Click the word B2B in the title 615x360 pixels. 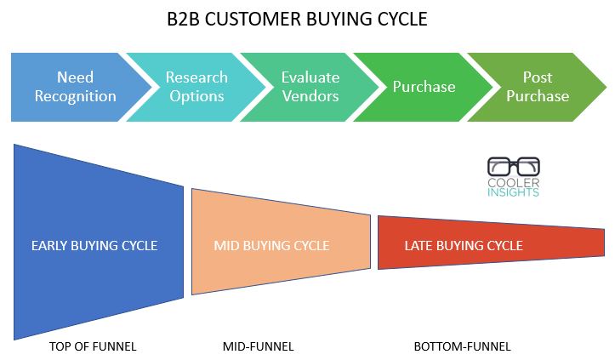point(184,19)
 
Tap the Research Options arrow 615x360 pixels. point(196,87)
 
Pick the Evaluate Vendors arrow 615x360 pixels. point(310,87)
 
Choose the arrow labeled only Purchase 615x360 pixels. point(424,87)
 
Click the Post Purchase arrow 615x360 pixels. point(538,87)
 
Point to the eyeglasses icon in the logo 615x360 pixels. point(514,167)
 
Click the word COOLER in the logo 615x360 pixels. point(514,183)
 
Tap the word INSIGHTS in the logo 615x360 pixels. point(513,192)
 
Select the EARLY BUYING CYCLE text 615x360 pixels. point(94,246)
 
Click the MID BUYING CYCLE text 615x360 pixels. point(271,246)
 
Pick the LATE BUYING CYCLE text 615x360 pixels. point(464,246)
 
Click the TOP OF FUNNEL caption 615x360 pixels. point(93,346)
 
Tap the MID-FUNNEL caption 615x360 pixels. point(258,346)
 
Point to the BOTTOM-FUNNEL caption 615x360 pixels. point(463,346)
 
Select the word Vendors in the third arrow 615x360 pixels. point(310,96)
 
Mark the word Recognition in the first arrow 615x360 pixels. point(76,96)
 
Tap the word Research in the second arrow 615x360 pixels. point(196,77)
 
